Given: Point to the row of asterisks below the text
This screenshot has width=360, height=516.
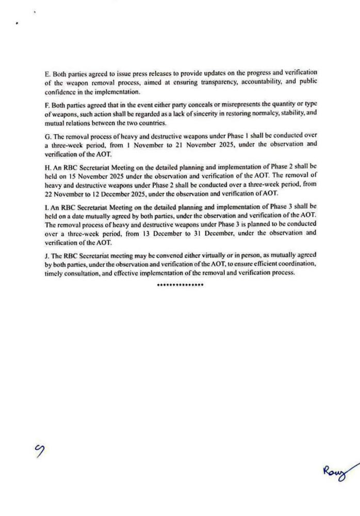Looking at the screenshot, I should [x=180, y=284].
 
